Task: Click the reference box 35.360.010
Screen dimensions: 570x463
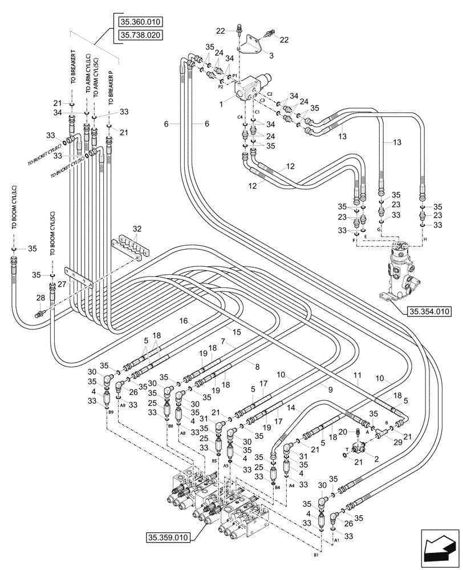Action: [x=140, y=22]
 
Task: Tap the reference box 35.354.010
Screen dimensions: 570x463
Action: [x=429, y=311]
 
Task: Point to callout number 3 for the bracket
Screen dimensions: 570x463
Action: [x=270, y=55]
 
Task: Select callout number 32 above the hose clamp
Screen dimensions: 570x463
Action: [x=137, y=229]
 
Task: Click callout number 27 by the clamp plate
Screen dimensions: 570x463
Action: [x=62, y=284]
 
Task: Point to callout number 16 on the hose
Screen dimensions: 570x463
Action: [x=184, y=322]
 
